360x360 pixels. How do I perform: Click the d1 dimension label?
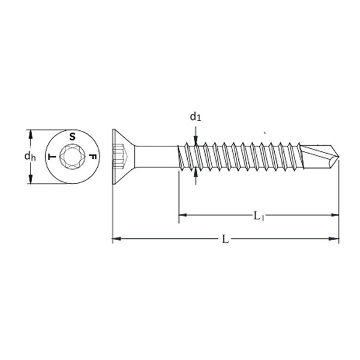196,117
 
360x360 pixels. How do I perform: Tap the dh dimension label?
30,157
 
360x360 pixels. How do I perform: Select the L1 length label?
259,216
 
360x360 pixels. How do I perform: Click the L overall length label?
226,239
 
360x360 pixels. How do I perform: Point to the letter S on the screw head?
73,137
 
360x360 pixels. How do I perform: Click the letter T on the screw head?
52,157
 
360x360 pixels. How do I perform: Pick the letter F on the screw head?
93,157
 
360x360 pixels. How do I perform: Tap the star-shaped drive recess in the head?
73,157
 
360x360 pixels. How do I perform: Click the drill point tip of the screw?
338,157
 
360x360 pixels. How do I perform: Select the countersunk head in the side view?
123,157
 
